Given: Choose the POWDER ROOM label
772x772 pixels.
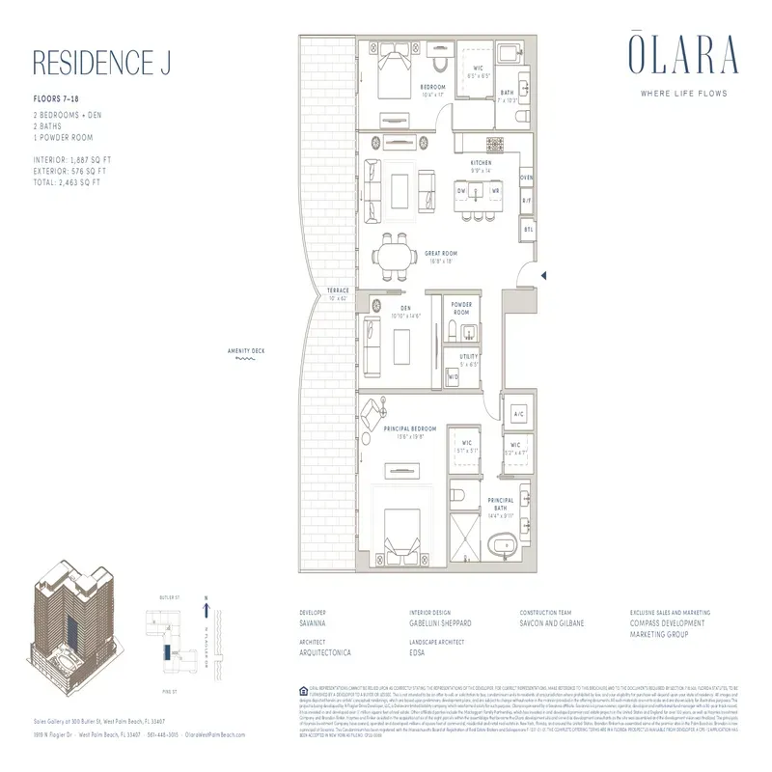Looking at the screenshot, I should point(461,309).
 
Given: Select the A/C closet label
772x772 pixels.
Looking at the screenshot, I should point(518,414).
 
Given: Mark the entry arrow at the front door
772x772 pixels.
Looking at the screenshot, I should point(545,277).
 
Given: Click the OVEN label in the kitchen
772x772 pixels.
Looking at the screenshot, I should point(526,179).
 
